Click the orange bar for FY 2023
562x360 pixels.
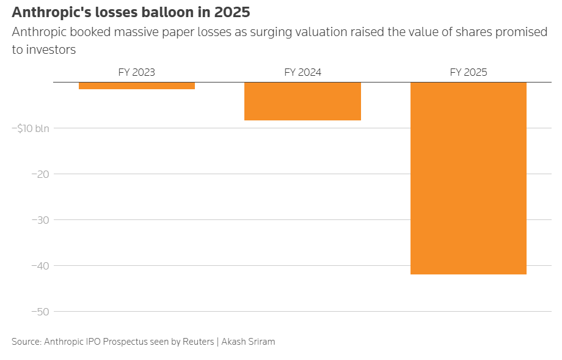pyautogui.click(x=137, y=86)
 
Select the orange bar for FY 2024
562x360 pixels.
pyautogui.click(x=302, y=101)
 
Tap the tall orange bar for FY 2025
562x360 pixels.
pyautogui.click(x=469, y=178)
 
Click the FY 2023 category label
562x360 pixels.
pyautogui.click(x=137, y=73)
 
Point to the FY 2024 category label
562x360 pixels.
pyautogui.click(x=302, y=73)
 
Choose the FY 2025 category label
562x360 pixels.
pyautogui.click(x=469, y=73)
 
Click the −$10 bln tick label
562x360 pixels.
pyautogui.click(x=31, y=128)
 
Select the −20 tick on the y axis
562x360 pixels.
pyautogui.click(x=40, y=174)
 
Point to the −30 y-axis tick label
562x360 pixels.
pyautogui.click(x=40, y=220)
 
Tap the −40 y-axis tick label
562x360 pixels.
pyautogui.click(x=40, y=266)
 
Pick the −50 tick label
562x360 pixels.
pyautogui.click(x=40, y=312)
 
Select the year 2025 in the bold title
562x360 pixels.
pyautogui.click(x=232, y=12)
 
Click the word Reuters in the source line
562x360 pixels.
pyautogui.click(x=198, y=342)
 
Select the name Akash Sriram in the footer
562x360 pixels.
pyautogui.click(x=248, y=342)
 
